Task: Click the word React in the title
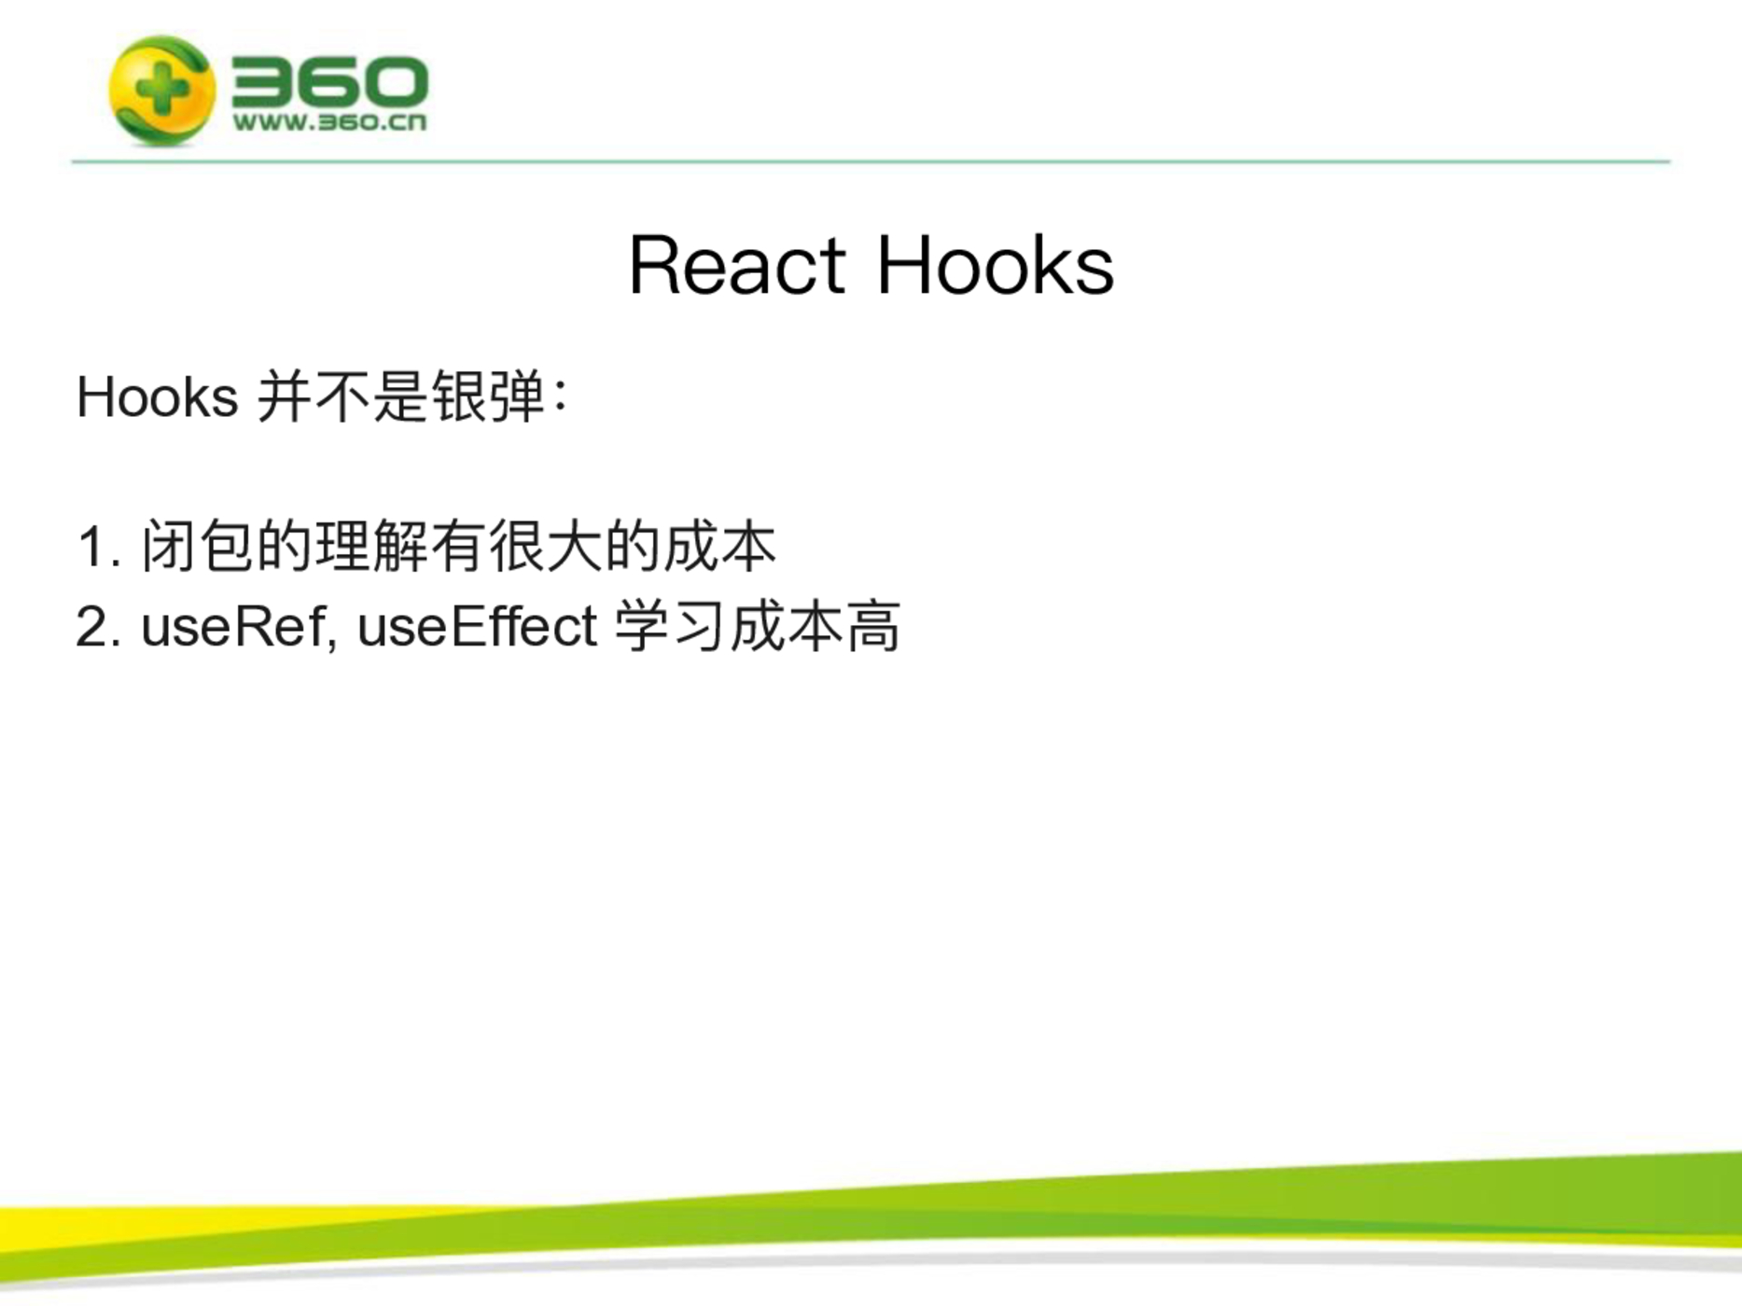point(737,266)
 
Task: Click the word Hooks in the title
point(995,265)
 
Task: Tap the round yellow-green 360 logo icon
point(160,90)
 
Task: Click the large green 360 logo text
point(329,81)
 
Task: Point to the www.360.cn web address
point(329,122)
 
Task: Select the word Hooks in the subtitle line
point(157,397)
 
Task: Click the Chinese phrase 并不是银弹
point(400,397)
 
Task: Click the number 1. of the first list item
point(100,548)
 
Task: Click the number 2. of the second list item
point(99,627)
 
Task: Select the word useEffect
point(477,625)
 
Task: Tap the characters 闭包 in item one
point(198,547)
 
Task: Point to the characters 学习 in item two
point(670,626)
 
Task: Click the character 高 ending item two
point(873,626)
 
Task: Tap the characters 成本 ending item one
point(719,547)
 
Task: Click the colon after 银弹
point(560,396)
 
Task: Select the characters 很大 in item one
point(545,547)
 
